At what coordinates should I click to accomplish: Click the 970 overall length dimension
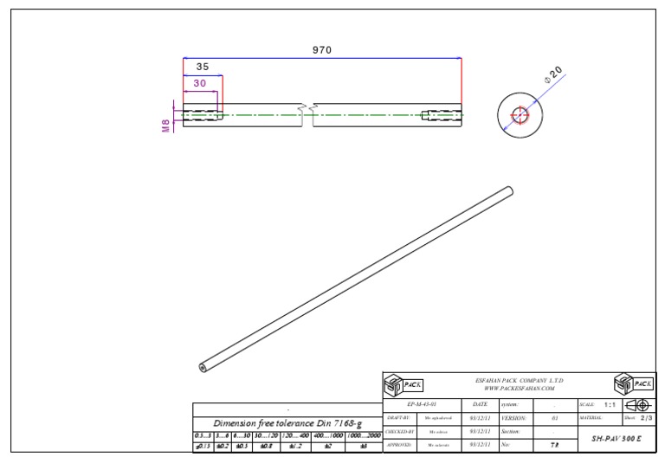[322, 50]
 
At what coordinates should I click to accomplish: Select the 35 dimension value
[202, 67]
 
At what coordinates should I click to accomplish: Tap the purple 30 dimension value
[200, 83]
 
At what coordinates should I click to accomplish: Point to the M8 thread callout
[165, 126]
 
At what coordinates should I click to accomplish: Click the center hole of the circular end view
[519, 115]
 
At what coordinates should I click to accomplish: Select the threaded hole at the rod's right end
[442, 115]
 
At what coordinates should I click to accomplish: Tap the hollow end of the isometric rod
[202, 368]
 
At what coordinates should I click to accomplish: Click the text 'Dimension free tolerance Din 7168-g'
[287, 422]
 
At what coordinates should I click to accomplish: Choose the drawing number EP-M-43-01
[422, 404]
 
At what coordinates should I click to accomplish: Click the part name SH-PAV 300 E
[617, 439]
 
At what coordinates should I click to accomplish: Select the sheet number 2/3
[646, 418]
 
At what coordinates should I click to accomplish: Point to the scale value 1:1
[609, 404]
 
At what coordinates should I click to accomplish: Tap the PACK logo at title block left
[403, 384]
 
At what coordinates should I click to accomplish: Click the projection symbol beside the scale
[638, 404]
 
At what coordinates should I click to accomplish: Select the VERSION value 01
[554, 418]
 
